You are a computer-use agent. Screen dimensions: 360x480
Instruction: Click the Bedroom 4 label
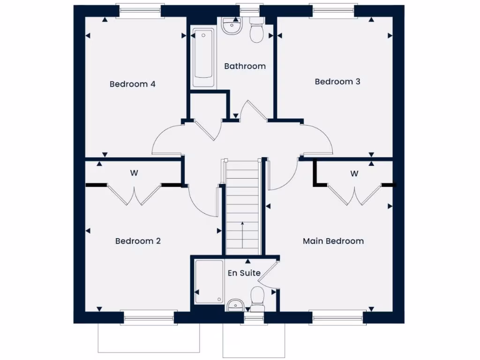132,84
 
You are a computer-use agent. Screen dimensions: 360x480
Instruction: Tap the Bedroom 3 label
337,82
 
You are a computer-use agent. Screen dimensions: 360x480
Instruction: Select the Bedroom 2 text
138,241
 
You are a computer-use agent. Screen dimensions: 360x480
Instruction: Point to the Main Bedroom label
333,241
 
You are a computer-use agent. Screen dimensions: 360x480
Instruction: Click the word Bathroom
245,66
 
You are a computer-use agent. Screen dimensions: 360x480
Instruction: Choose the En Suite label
244,273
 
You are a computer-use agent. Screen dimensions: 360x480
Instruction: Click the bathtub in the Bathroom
203,59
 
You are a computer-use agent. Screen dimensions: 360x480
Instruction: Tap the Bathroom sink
231,26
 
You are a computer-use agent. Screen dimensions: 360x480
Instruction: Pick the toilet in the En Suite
257,299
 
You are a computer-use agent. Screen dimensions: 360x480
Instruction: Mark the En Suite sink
234,306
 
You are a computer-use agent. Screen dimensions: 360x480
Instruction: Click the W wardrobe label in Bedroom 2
134,173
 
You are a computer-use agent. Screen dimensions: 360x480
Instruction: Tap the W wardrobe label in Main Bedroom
354,173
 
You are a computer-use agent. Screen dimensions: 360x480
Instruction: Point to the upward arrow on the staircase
242,234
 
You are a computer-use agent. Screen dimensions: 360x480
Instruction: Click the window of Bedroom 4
140,11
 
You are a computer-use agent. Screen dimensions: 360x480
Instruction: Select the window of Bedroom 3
332,11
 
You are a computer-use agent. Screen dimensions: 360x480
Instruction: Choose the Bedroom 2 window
149,318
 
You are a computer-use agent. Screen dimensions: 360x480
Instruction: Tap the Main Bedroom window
337,318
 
